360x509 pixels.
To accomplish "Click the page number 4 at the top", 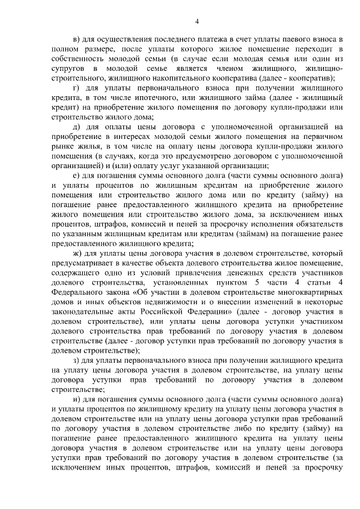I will pos(197,22).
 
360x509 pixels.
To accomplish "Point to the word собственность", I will pos(75,58).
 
